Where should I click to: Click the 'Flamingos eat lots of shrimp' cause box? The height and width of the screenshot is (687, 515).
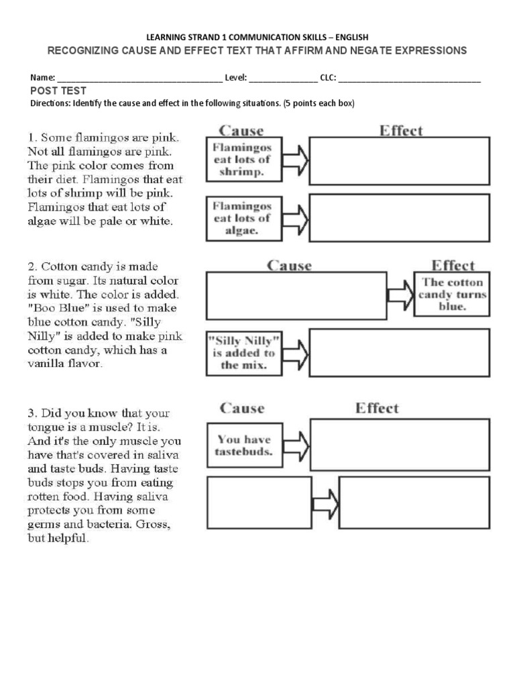point(243,160)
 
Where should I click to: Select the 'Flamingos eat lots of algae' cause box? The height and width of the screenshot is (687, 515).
point(243,218)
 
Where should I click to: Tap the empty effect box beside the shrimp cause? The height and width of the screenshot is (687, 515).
point(399,160)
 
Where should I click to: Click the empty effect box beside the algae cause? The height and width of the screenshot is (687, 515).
point(399,218)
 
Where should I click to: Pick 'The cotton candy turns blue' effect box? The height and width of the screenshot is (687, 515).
point(452,294)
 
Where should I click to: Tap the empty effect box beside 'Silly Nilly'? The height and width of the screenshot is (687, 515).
point(399,352)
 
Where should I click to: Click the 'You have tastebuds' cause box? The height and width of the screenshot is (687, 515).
point(243,445)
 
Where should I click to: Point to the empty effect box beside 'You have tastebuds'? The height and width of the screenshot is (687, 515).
point(399,445)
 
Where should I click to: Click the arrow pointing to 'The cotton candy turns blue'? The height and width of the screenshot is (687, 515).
point(400,294)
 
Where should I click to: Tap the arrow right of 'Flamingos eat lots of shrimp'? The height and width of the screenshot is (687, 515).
point(296,160)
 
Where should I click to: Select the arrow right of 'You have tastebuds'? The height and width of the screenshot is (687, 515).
point(296,445)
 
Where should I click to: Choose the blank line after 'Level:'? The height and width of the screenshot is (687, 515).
point(283,78)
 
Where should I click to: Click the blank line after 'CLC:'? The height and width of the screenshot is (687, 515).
point(410,78)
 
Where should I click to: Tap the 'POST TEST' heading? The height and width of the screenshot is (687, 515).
point(58,91)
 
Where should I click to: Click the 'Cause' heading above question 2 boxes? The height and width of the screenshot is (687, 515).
point(289,266)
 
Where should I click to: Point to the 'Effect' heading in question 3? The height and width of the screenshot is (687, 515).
point(377,408)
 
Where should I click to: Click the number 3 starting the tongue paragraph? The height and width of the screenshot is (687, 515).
point(32,413)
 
